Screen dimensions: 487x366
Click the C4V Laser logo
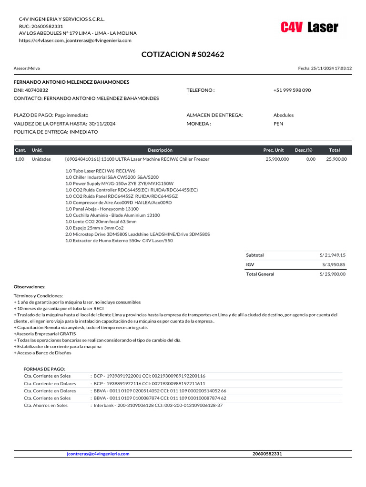click(x=309, y=28)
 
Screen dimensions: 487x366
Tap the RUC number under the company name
click(x=48, y=26)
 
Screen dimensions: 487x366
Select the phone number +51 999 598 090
click(x=292, y=90)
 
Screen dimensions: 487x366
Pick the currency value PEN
click(x=278, y=124)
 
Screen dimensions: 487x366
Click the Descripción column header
click(x=160, y=150)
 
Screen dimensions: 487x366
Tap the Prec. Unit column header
click(x=274, y=150)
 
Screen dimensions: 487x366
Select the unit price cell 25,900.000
click(x=277, y=159)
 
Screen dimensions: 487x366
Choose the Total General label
click(x=260, y=274)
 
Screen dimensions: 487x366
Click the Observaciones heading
click(x=30, y=287)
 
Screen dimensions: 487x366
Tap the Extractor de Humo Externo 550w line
click(x=119, y=241)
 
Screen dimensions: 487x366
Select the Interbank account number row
click(x=157, y=406)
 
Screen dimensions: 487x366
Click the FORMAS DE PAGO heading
click(x=44, y=369)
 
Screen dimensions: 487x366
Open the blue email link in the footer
click(x=98, y=454)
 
